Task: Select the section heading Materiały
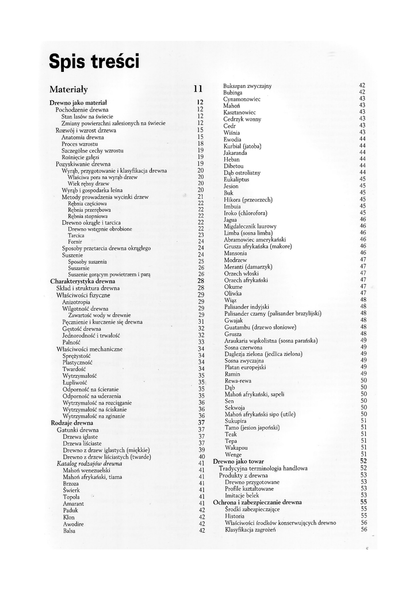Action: tap(68, 89)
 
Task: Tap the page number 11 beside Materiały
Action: tap(198, 89)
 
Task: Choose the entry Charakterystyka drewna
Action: tap(83, 281)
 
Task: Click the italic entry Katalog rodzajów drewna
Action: tap(89, 463)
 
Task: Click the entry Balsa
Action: tap(70, 531)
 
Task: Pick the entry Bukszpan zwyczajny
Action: tap(247, 86)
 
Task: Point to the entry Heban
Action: tap(232, 159)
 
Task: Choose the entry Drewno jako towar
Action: tap(239, 461)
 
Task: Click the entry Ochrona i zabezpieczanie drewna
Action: tap(257, 502)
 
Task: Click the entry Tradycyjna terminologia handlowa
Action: tap(263, 468)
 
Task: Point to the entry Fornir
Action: tap(75, 242)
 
